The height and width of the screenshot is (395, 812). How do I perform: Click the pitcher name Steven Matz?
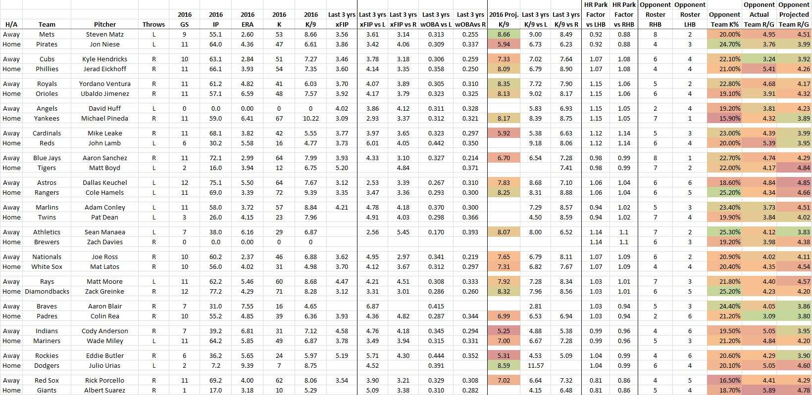(105, 35)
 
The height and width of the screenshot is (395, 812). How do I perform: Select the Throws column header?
(153, 25)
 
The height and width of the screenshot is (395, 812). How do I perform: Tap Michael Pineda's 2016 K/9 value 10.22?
(310, 118)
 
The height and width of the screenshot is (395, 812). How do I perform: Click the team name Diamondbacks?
(47, 292)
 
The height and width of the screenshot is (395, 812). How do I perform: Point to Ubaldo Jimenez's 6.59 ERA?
(248, 94)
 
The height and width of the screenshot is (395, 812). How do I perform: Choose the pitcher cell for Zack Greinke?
(105, 292)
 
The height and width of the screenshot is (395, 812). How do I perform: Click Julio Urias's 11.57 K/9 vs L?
(535, 366)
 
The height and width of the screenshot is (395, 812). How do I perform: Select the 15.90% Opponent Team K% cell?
(724, 118)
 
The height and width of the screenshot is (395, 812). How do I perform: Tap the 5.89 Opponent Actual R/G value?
(759, 390)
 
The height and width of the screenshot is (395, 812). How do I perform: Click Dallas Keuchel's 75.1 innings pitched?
(216, 183)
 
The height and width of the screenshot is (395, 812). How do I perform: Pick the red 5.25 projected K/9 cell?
(504, 331)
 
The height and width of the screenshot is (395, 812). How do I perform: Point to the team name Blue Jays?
(47, 158)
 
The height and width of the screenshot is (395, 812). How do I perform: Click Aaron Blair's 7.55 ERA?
(248, 307)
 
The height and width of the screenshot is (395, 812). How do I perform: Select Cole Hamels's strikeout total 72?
(279, 193)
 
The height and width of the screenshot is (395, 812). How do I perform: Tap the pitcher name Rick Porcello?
(105, 381)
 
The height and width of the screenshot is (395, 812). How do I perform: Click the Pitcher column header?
(105, 25)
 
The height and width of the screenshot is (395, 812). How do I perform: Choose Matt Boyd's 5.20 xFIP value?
(342, 168)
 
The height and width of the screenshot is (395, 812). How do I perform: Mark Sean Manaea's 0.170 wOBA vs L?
(436, 232)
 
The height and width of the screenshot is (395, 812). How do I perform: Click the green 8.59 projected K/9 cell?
(504, 366)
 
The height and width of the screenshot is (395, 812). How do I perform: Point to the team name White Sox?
(47, 267)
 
